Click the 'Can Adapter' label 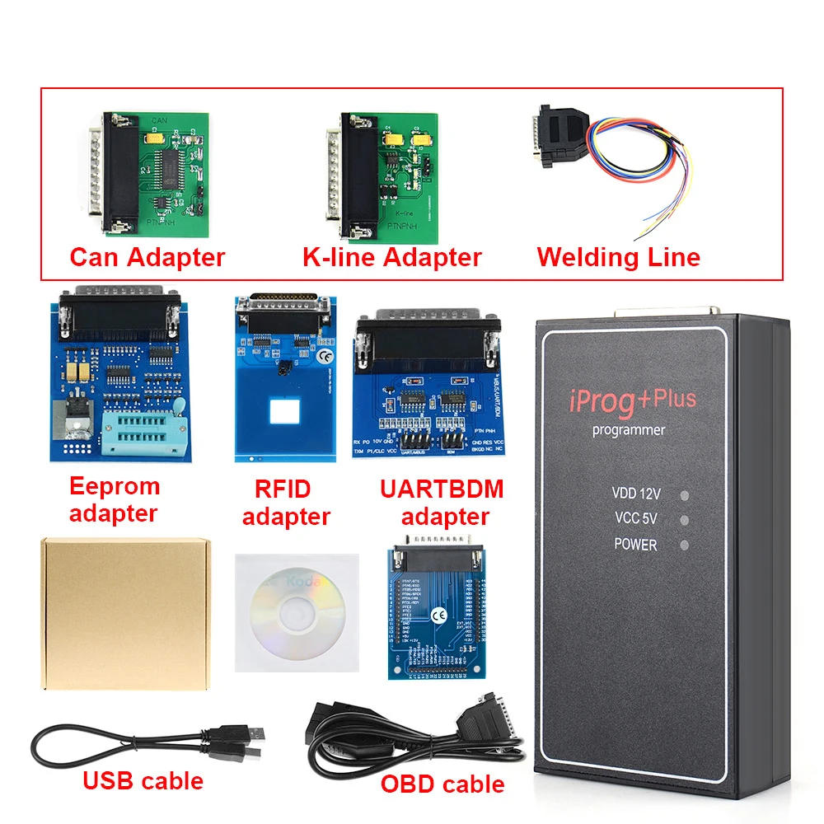pyautogui.click(x=147, y=257)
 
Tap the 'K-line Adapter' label pyautogui.click(x=391, y=257)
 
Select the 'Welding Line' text pyautogui.click(x=618, y=257)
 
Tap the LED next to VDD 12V pyautogui.click(x=683, y=495)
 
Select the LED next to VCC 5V pyautogui.click(x=683, y=520)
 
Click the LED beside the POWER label pyautogui.click(x=683, y=545)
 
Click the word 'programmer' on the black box pyautogui.click(x=628, y=430)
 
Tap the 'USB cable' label pyautogui.click(x=142, y=780)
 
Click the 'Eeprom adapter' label pyautogui.click(x=114, y=499)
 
